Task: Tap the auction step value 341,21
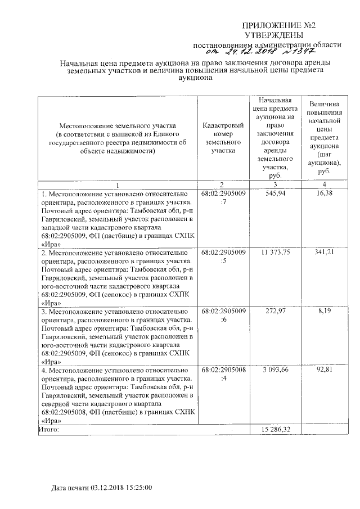click(x=324, y=253)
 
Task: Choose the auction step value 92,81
click(x=324, y=370)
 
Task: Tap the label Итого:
click(x=49, y=430)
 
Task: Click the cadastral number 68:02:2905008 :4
click(x=223, y=374)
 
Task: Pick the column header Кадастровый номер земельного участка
click(x=223, y=138)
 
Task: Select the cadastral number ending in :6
click(x=223, y=316)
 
